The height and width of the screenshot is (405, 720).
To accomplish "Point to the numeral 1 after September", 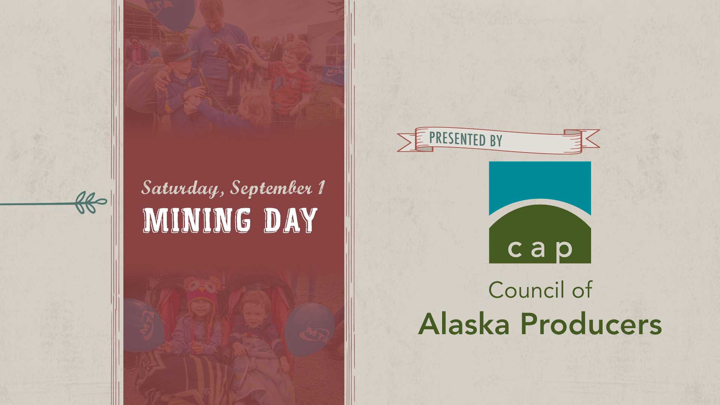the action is [x=320, y=187].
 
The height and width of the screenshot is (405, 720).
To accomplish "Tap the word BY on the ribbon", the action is [x=496, y=141].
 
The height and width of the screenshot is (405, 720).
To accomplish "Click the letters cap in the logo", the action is [x=540, y=248].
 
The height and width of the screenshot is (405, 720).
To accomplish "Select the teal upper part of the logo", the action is [x=540, y=184].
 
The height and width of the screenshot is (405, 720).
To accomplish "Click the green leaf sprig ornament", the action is [x=91, y=203].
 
